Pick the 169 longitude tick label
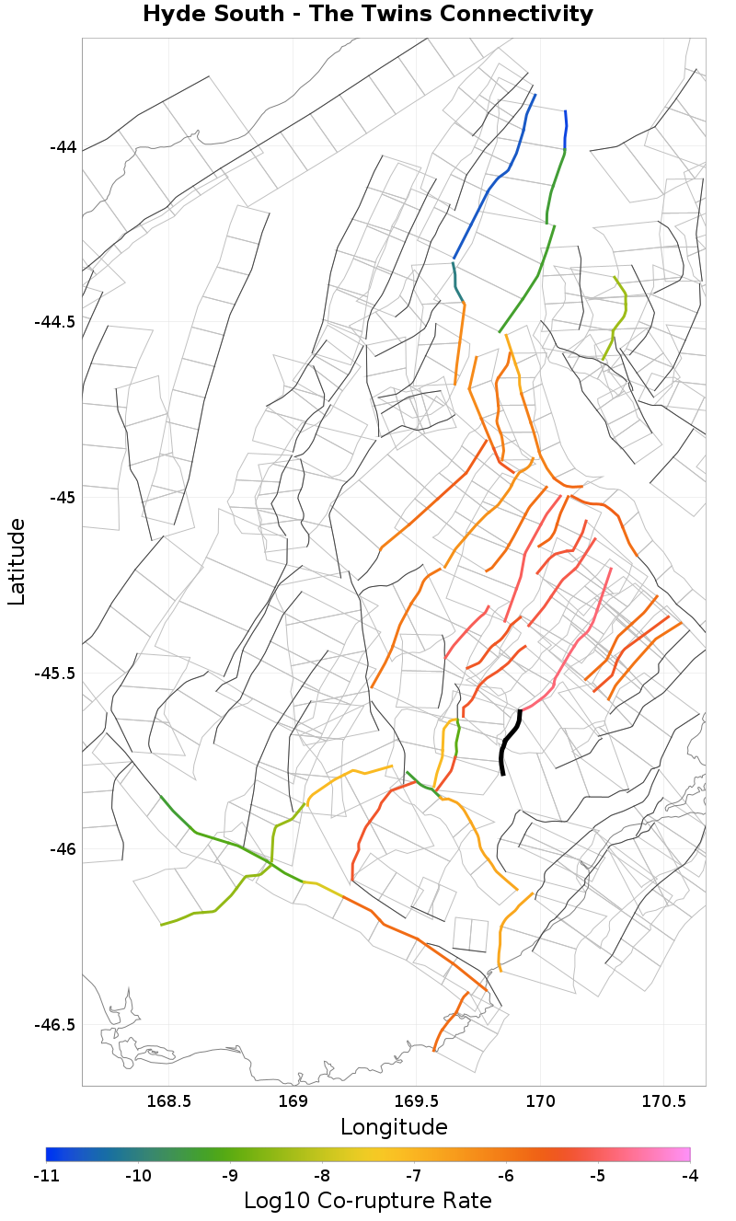click(293, 1100)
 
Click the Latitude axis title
click(17, 561)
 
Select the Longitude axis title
click(394, 1127)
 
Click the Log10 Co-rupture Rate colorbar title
click(367, 1201)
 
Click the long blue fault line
click(492, 184)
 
